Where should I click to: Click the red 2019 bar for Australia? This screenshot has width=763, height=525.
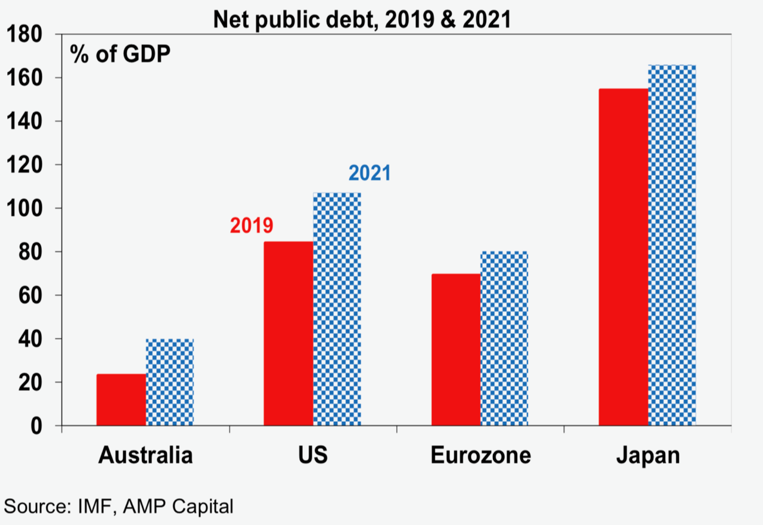(x=121, y=400)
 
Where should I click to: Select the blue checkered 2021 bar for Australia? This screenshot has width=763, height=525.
(x=170, y=383)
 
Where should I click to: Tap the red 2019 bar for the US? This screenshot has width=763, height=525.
(x=288, y=334)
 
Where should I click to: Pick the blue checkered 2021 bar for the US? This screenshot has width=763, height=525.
(x=337, y=309)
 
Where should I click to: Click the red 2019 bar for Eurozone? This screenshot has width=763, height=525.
(x=456, y=350)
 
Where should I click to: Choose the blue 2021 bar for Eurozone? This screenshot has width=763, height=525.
(x=504, y=338)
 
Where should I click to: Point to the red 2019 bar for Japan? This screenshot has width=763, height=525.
(x=624, y=257)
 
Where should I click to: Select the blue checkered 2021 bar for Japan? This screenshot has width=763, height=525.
(x=672, y=246)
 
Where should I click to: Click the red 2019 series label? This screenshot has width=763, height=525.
(x=251, y=225)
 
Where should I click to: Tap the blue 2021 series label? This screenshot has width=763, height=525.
(x=370, y=173)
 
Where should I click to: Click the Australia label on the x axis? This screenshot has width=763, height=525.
(x=145, y=455)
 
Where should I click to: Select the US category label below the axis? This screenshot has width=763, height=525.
(x=312, y=455)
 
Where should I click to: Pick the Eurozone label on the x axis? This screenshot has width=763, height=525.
(x=480, y=455)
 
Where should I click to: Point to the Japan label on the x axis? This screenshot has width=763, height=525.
(x=647, y=455)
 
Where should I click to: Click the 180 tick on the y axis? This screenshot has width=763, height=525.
(x=24, y=35)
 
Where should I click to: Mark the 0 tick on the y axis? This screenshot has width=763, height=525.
(x=37, y=426)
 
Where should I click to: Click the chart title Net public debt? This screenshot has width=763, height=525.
(x=362, y=20)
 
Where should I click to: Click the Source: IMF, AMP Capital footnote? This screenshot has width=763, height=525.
(x=118, y=507)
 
